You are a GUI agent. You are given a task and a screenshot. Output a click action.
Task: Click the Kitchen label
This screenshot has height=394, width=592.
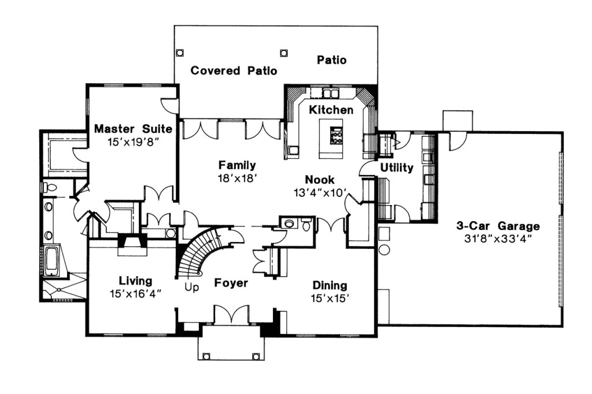tap(331, 109)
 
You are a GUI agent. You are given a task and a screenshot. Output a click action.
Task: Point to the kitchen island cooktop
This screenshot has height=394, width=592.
tap(336, 137)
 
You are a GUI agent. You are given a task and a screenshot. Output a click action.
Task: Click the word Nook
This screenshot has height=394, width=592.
tap(320, 180)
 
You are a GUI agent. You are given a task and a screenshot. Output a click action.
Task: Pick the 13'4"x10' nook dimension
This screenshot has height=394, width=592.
tap(320, 192)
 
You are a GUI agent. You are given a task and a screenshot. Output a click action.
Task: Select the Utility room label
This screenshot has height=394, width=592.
tap(397, 168)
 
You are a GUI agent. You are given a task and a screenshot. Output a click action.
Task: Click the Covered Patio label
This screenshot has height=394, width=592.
tap(234, 70)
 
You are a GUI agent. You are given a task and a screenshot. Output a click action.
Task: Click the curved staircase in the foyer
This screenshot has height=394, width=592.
tap(199, 251)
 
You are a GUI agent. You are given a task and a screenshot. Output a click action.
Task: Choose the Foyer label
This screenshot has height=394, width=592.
tap(231, 283)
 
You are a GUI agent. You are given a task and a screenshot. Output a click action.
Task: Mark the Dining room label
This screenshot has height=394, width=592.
tap(330, 285)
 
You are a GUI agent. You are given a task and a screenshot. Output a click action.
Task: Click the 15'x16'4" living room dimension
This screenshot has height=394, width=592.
tap(135, 293)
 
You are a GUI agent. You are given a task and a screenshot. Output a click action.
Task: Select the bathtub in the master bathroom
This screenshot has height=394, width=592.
tap(51, 261)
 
